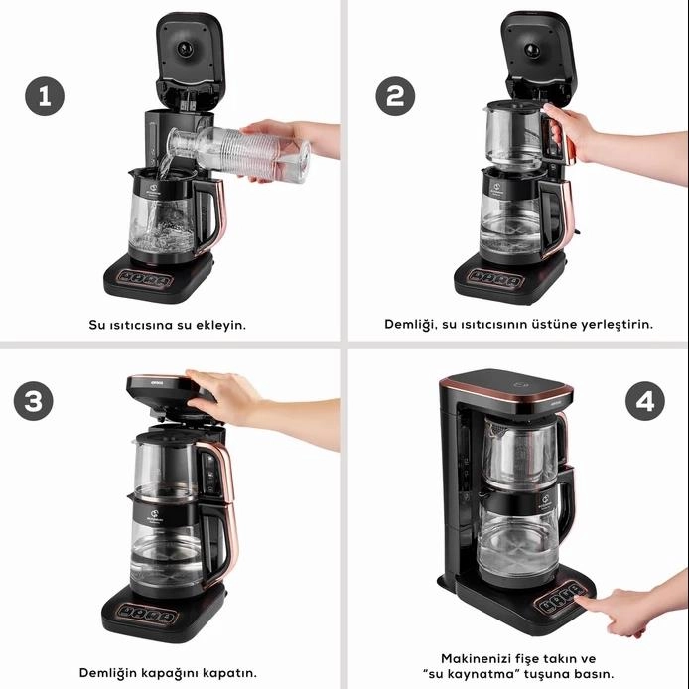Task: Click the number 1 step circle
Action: click(x=45, y=96)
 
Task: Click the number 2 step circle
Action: click(x=395, y=96)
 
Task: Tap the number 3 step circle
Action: click(x=34, y=401)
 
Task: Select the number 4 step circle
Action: click(x=645, y=401)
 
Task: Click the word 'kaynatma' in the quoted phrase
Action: click(x=473, y=674)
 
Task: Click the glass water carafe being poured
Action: click(x=239, y=153)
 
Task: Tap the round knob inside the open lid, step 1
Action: click(x=185, y=48)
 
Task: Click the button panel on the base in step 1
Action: click(x=146, y=279)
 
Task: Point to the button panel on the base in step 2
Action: click(x=495, y=279)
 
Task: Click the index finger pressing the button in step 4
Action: click(x=594, y=602)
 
